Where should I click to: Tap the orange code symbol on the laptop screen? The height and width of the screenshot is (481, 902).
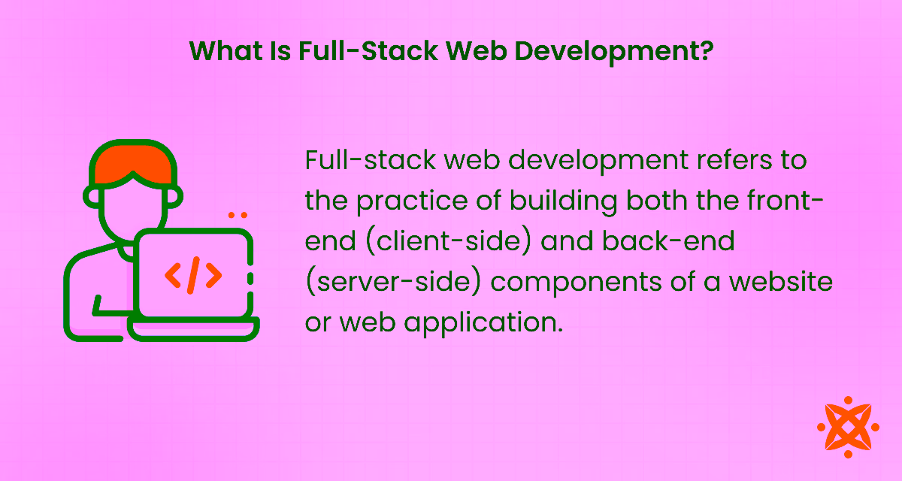click(193, 276)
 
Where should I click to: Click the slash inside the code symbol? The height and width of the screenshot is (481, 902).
click(193, 276)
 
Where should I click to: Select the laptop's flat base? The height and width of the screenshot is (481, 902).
click(193, 328)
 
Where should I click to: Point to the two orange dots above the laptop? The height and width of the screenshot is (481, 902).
click(238, 215)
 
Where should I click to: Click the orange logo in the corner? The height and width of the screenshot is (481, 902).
click(848, 427)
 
